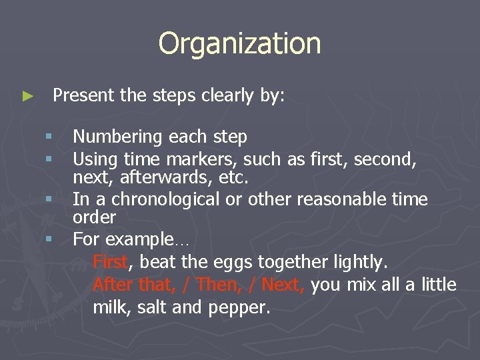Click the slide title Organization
coord(239,44)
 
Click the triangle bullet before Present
coord(27,97)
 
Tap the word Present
coord(84,95)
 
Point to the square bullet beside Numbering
coord(49,137)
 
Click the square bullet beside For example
coord(49,238)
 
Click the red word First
coord(109,262)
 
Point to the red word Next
coord(283,285)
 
